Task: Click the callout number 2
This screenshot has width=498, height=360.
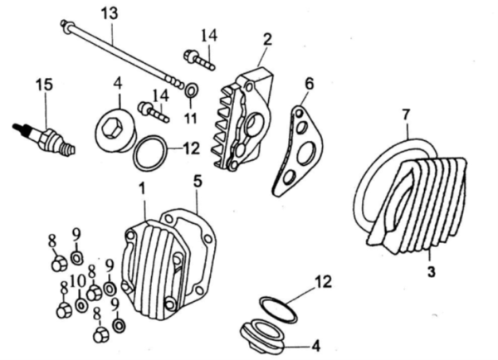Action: click(267, 39)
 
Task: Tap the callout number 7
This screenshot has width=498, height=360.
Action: click(407, 114)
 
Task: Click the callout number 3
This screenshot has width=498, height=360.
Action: click(431, 271)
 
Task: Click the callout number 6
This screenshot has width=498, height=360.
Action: click(309, 84)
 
